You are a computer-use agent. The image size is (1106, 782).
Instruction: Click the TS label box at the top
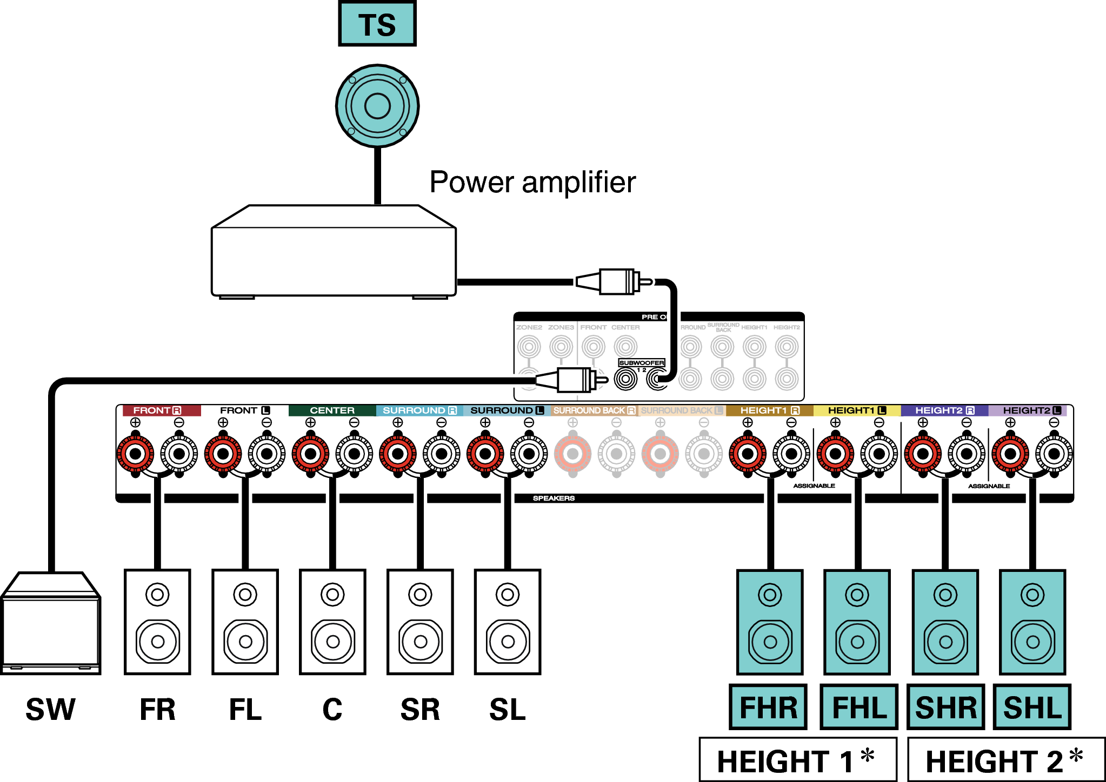point(377,24)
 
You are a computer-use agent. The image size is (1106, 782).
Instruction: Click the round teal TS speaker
point(377,106)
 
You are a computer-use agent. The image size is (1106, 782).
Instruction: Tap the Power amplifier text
point(532,182)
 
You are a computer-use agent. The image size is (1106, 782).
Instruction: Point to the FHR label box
point(768,707)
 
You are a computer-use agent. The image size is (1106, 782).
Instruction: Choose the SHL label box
point(1032,707)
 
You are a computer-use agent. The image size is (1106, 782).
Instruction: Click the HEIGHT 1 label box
point(797,760)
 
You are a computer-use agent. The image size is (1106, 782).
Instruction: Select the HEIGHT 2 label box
point(1005,760)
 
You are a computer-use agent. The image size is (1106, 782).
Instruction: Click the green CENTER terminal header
point(332,410)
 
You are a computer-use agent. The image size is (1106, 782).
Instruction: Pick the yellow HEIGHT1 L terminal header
point(857,410)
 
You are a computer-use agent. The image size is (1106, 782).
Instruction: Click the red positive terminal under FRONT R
point(135,454)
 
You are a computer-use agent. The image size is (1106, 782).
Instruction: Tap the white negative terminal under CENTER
point(354,454)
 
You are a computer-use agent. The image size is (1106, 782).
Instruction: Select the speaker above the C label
point(332,622)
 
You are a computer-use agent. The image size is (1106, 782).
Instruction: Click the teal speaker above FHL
point(857,622)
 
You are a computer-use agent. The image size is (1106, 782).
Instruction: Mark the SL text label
point(507,710)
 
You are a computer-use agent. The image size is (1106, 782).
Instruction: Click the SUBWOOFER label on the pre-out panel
point(642,363)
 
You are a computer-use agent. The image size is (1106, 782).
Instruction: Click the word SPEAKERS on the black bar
point(554,498)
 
